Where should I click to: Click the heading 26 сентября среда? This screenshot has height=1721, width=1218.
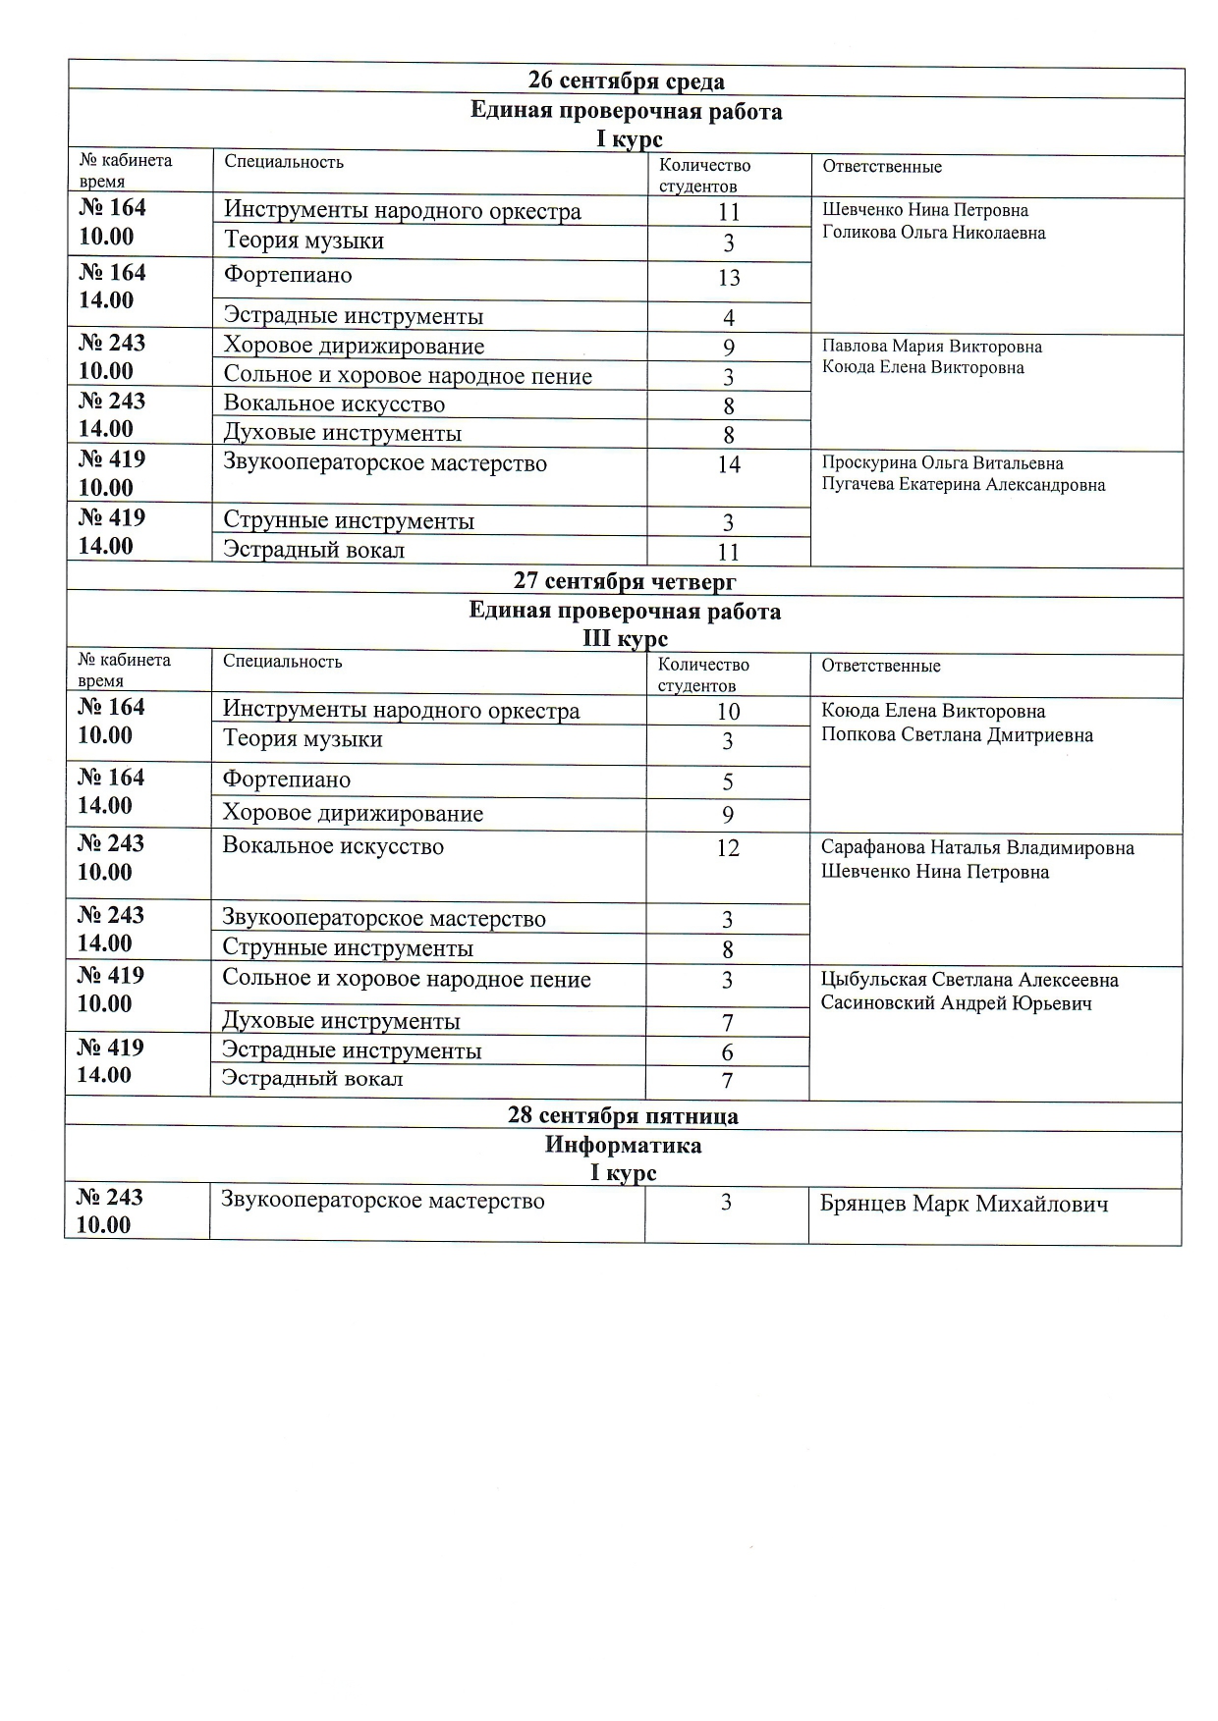pos(626,81)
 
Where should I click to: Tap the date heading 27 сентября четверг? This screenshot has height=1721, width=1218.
pos(625,581)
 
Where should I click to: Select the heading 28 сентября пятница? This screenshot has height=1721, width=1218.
pos(623,1116)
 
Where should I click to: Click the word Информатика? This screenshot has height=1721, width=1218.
pos(623,1146)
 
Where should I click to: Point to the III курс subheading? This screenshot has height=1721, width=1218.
pos(625,639)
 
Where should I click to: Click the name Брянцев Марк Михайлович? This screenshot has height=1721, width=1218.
pos(964,1205)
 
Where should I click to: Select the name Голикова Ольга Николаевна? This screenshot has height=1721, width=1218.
pos(933,233)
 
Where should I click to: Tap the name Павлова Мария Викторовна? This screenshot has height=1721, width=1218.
pos(931,347)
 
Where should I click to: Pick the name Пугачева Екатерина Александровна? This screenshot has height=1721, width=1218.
pos(963,485)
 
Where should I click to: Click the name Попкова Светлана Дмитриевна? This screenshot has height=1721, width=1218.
pos(957,735)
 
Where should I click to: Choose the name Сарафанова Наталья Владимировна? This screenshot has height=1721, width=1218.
pos(977,848)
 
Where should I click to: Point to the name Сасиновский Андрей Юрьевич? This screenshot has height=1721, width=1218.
pos(956,1003)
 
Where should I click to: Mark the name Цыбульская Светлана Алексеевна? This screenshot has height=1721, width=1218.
pos(969,980)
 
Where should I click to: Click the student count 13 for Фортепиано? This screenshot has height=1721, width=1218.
pos(729,278)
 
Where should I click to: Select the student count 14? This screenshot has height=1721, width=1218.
pos(729,464)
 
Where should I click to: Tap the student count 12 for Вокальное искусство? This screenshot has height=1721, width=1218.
pos(728,848)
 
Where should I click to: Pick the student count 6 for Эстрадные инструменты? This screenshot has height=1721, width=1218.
pos(728,1052)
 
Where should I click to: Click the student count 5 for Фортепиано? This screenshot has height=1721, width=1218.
pos(728,782)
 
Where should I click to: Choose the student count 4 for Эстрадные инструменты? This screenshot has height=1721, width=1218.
pos(729,318)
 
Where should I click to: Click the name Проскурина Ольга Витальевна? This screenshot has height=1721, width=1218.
pos(942,463)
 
